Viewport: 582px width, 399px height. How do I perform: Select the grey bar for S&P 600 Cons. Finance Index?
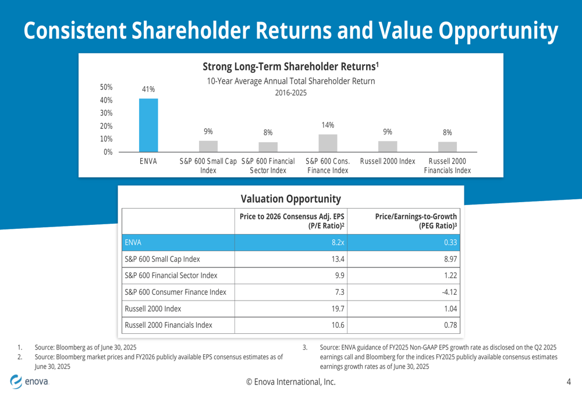pos(328,143)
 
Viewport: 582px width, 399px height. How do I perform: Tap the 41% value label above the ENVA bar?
pos(148,89)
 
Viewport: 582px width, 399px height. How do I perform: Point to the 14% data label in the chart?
pos(328,125)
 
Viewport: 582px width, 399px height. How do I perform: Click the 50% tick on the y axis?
pos(105,87)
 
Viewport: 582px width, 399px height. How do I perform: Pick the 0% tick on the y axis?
pos(108,152)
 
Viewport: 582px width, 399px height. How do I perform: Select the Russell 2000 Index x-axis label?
pos(388,161)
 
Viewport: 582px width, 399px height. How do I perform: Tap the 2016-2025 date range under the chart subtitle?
pos(290,93)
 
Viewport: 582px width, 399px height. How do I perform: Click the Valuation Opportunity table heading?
pos(290,199)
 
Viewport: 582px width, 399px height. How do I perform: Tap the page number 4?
pos(569,382)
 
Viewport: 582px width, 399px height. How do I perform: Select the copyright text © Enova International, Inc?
pos(290,382)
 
